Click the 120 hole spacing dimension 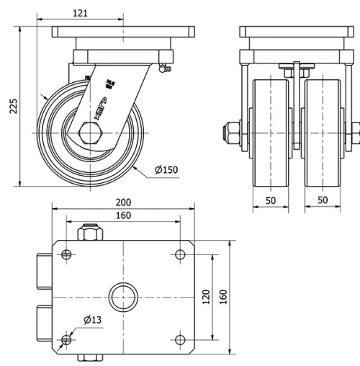(x=205, y=295)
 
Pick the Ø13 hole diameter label (x=91, y=319)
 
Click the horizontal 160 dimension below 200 (x=124, y=215)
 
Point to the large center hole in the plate (x=123, y=296)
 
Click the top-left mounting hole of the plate (x=67, y=254)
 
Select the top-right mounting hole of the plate (x=180, y=254)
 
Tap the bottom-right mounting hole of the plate (x=180, y=339)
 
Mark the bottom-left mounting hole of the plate (x=67, y=339)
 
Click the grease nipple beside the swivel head (x=163, y=68)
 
